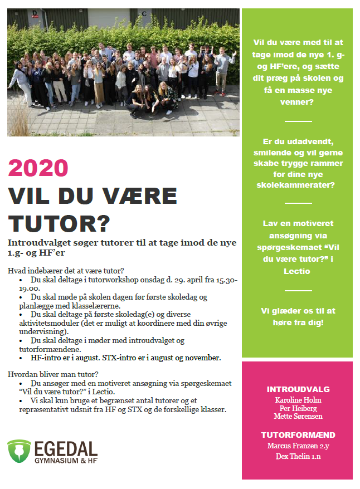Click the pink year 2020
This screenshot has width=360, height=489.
[38, 168]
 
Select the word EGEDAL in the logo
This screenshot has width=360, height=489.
[66, 447]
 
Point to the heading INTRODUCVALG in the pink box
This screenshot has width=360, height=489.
[298, 389]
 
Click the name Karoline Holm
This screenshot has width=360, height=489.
[298, 400]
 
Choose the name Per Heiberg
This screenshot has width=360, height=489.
[298, 408]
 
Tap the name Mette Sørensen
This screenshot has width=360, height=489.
[298, 417]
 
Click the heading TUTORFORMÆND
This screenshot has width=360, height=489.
[298, 435]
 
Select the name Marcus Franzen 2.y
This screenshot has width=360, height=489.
[298, 446]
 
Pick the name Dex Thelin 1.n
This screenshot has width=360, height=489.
[298, 457]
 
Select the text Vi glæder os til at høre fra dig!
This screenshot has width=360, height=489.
[298, 316]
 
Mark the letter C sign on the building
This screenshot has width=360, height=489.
[144, 13]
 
